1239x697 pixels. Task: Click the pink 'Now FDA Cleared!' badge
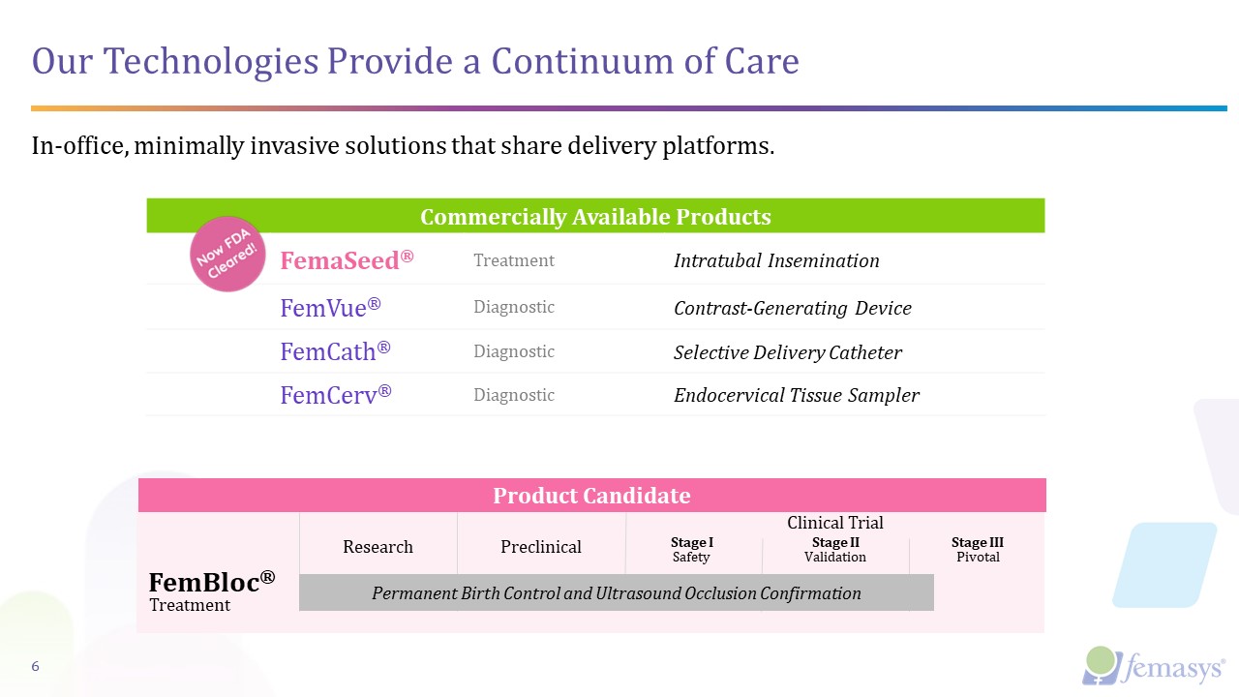[x=227, y=254]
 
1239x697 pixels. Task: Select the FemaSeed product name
[x=347, y=260]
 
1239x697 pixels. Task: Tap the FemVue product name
[x=330, y=308]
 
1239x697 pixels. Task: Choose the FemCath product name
[x=335, y=351]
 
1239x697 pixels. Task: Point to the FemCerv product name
[x=335, y=395]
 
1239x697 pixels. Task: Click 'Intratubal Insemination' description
[x=776, y=260]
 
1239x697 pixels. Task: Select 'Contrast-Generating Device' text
[x=792, y=309]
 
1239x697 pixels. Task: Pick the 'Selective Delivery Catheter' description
[x=787, y=352]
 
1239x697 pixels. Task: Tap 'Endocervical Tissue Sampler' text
[x=796, y=395]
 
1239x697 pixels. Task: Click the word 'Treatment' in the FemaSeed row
[x=513, y=260]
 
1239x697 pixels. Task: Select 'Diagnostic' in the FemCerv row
[x=513, y=395]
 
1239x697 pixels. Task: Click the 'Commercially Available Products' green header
[x=595, y=216]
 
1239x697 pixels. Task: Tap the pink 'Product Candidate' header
[x=591, y=496]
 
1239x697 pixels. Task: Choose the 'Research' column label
[x=378, y=547]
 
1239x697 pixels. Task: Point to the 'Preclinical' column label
[x=541, y=547]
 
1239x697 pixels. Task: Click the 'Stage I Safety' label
[x=691, y=550]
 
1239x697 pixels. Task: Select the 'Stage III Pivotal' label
[x=977, y=550]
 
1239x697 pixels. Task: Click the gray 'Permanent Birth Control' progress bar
[x=616, y=593]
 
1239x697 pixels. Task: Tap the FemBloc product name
[x=211, y=582]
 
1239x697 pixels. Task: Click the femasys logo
[x=1153, y=666]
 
